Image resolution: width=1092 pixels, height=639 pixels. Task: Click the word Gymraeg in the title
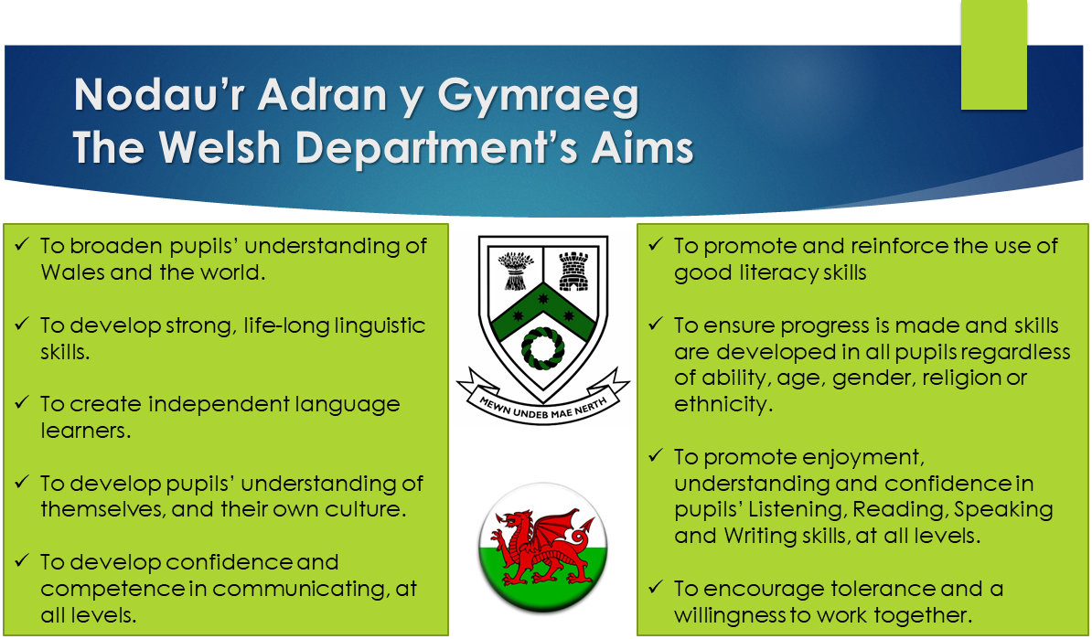point(538,97)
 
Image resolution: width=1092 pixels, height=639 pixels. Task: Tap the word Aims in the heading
point(642,147)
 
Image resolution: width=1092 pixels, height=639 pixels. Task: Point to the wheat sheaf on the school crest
point(515,271)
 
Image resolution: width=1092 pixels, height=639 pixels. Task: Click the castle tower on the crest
point(573,270)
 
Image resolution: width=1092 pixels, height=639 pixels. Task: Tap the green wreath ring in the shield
point(542,348)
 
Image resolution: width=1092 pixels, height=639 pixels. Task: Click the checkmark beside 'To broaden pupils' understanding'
point(22,244)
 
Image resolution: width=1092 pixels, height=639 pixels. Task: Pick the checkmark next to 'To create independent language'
point(22,402)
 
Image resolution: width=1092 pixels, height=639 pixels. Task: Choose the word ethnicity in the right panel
point(723,404)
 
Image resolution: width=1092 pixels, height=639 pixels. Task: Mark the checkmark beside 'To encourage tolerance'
point(656,587)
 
